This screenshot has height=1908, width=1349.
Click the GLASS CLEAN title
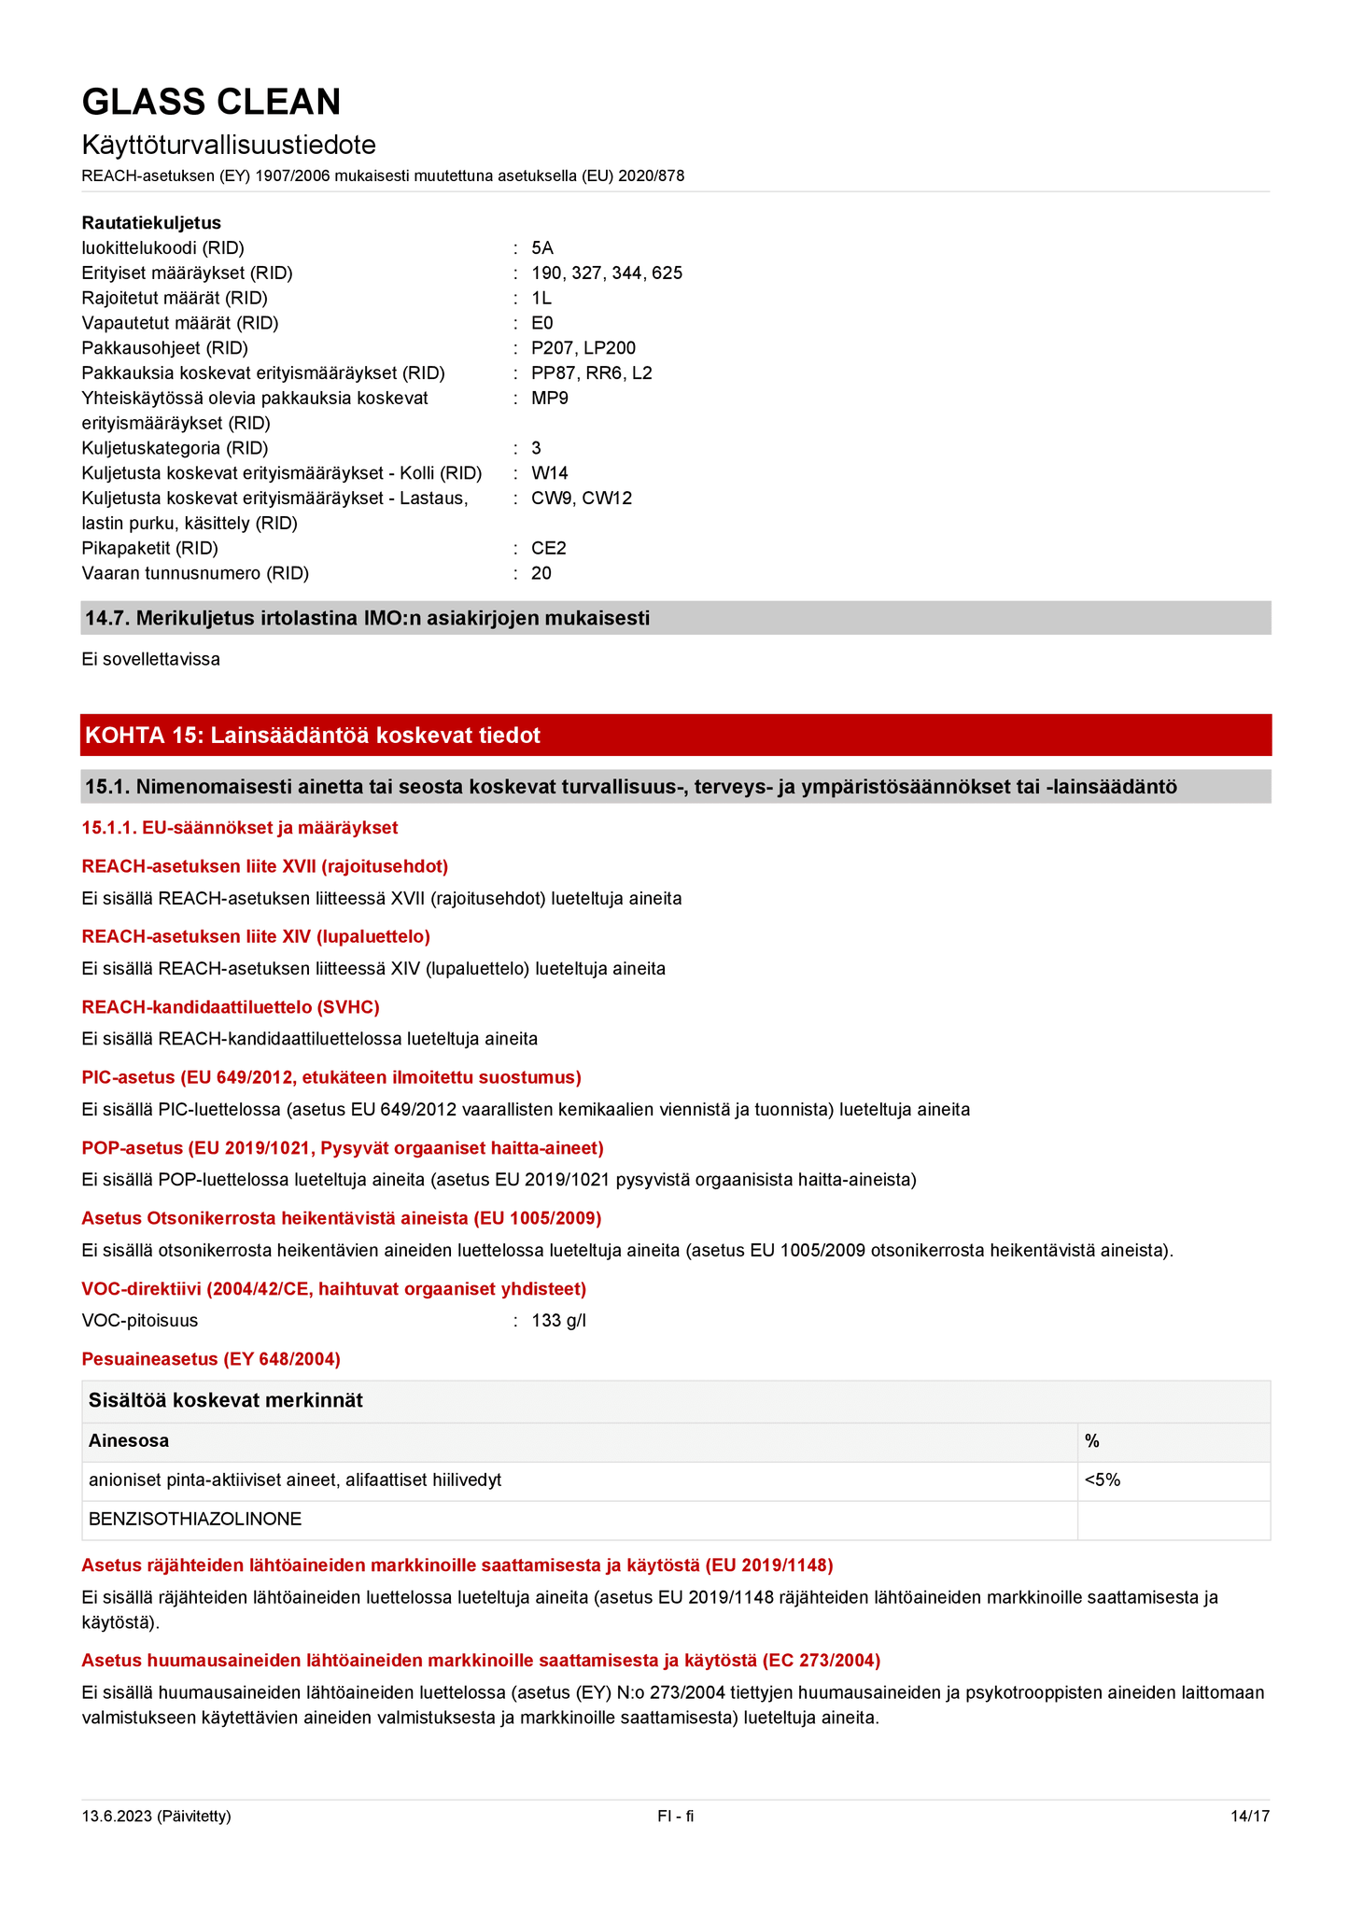pyautogui.click(x=211, y=102)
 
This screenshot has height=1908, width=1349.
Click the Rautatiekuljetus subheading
pyautogui.click(x=151, y=223)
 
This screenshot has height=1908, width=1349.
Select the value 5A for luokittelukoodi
pyautogui.click(x=541, y=248)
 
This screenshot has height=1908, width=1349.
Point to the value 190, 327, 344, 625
pyautogui.click(x=606, y=274)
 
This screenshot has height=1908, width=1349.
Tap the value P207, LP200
pyautogui.click(x=583, y=348)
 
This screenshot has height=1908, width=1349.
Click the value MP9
pyautogui.click(x=549, y=399)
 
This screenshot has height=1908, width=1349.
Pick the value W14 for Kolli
pyautogui.click(x=549, y=473)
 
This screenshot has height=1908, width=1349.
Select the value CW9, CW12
pyautogui.click(x=581, y=498)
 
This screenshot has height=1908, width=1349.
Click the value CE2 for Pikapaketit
pyautogui.click(x=548, y=549)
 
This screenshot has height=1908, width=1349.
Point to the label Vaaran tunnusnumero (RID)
pyautogui.click(x=195, y=573)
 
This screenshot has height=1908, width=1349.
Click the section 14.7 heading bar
pyautogui.click(x=675, y=618)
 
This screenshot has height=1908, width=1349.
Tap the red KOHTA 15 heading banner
pyautogui.click(x=675, y=736)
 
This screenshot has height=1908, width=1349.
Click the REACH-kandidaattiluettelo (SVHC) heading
pyautogui.click(x=231, y=1007)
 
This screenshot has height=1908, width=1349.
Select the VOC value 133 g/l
pyautogui.click(x=558, y=1321)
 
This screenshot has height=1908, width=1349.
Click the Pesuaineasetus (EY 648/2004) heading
pyautogui.click(x=211, y=1359)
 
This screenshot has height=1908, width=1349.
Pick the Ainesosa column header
pyautogui.click(x=129, y=1441)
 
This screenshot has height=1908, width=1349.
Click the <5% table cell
pyautogui.click(x=1103, y=1480)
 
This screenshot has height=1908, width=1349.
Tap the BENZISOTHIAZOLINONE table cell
pyautogui.click(x=195, y=1520)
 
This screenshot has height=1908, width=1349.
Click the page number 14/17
pyautogui.click(x=1249, y=1817)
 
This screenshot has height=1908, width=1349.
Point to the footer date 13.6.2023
pyautogui.click(x=156, y=1817)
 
